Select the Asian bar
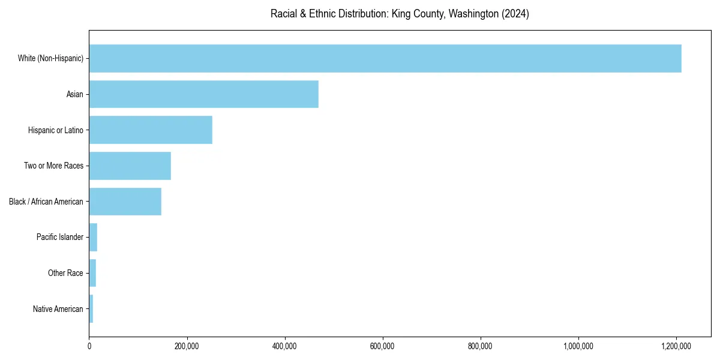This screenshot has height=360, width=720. pos(204,94)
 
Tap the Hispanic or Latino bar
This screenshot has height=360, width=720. pos(151,130)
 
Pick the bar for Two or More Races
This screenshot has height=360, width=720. pos(130,166)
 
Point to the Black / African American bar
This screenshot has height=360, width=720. pos(125,202)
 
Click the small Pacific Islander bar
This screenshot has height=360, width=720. pos(93,238)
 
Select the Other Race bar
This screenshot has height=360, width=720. pos(92,273)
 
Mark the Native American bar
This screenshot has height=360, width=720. pos(91,309)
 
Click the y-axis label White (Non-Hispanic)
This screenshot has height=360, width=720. pos(50,58)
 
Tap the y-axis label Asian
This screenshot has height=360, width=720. pos(75,94)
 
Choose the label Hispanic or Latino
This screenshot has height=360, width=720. pos(56,130)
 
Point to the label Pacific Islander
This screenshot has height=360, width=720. pos(60,238)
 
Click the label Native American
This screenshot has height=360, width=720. pos(58,309)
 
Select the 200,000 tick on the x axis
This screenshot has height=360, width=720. pos(187,346)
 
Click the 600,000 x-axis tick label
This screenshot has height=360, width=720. pos(383,346)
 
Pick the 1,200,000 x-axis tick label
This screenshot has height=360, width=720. pos(677,346)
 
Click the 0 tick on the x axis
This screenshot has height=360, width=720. pos(89,346)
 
